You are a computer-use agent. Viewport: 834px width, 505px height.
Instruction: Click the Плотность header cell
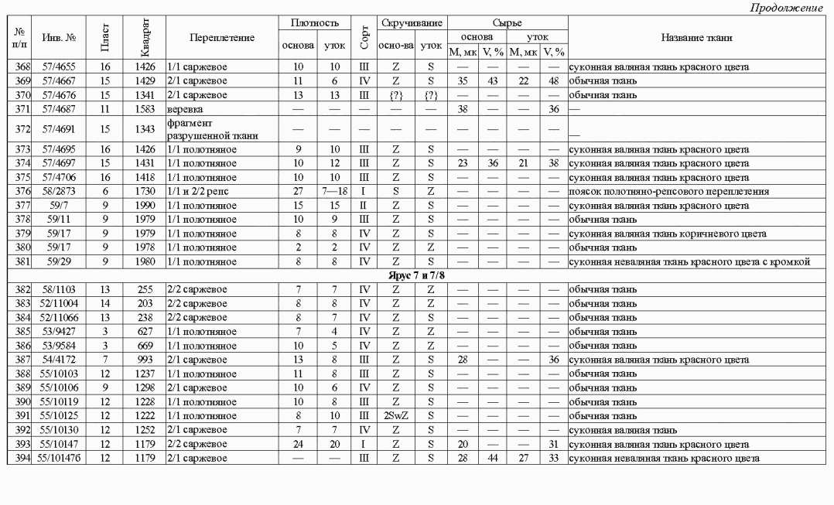315,24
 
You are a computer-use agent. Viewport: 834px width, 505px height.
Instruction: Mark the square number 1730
144,189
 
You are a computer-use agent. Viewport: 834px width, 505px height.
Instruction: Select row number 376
15,189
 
